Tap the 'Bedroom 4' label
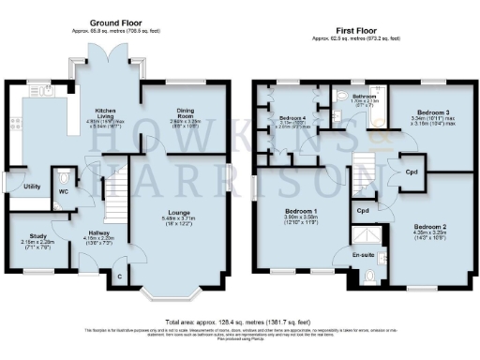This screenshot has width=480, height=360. click(x=290, y=118)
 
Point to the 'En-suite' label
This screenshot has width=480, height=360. click(x=363, y=254)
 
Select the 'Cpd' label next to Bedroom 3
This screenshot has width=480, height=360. click(x=412, y=172)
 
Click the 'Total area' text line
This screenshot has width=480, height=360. click(x=239, y=322)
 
